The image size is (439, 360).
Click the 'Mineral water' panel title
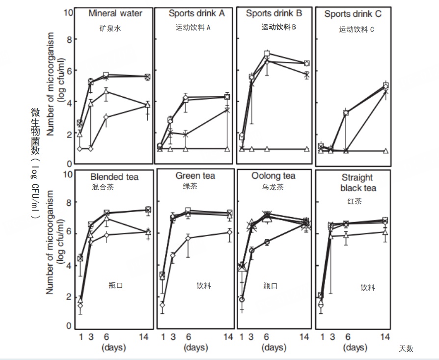115,14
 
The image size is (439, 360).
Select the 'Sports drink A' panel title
196,14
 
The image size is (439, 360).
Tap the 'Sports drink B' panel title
273,14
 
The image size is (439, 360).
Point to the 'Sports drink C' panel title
353,14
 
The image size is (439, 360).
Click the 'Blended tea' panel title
114,177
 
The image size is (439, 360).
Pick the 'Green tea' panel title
195,176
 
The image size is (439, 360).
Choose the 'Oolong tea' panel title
273,176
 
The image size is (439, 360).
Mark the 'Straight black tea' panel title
357,182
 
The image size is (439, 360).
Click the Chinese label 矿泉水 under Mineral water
110,28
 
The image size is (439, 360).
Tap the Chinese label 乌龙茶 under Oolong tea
274,187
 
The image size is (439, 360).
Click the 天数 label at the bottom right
406,349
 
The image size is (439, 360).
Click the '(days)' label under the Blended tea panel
114,348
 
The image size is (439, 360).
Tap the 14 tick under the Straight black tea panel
385,337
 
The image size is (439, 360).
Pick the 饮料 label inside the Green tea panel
203,285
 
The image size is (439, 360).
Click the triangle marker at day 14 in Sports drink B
307,149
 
